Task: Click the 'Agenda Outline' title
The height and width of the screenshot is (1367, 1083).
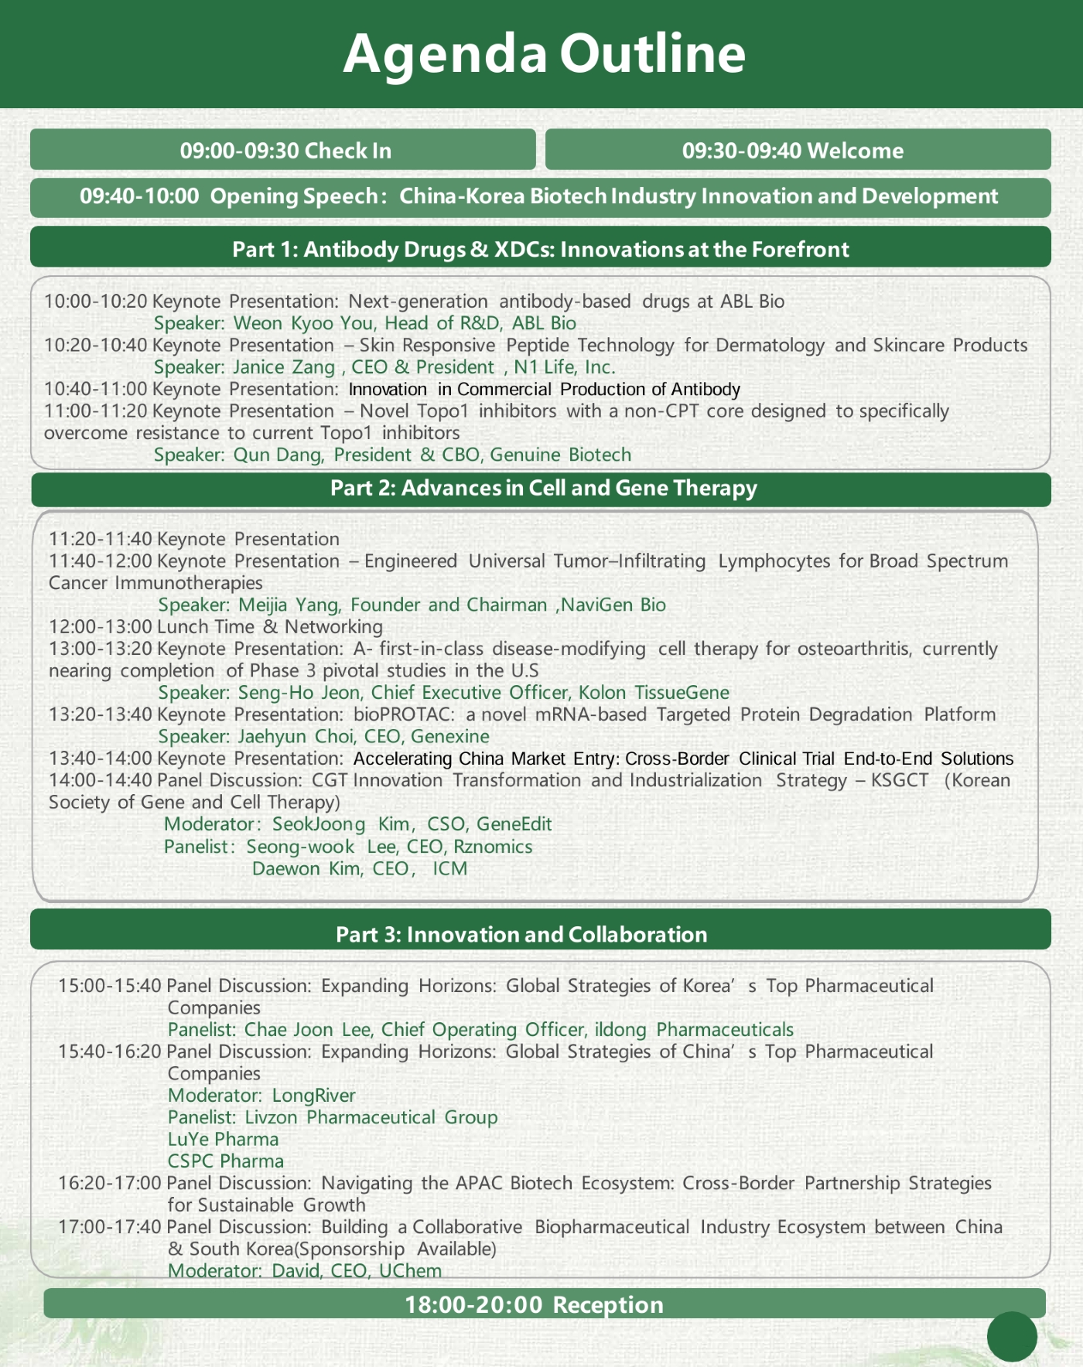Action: tap(544, 54)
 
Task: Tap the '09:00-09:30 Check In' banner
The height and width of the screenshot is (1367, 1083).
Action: tap(285, 150)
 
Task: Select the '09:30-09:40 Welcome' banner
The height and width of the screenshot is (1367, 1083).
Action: tap(792, 150)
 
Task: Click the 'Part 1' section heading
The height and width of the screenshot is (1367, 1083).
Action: tap(540, 249)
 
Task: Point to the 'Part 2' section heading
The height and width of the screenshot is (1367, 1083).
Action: tap(543, 488)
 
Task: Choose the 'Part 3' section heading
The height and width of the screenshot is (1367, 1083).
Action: tap(521, 934)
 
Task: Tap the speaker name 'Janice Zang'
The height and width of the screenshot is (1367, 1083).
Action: tap(284, 367)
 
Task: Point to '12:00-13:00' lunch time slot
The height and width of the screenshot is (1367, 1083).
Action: tap(101, 626)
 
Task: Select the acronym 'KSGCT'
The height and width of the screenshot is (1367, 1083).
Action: tap(899, 780)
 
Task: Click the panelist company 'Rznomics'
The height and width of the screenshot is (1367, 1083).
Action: tap(493, 847)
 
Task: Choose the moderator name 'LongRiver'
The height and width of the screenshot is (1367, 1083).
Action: tap(313, 1096)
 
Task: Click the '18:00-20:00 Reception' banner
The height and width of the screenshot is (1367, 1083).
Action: tap(534, 1305)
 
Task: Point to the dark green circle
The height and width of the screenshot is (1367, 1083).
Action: tap(1012, 1336)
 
